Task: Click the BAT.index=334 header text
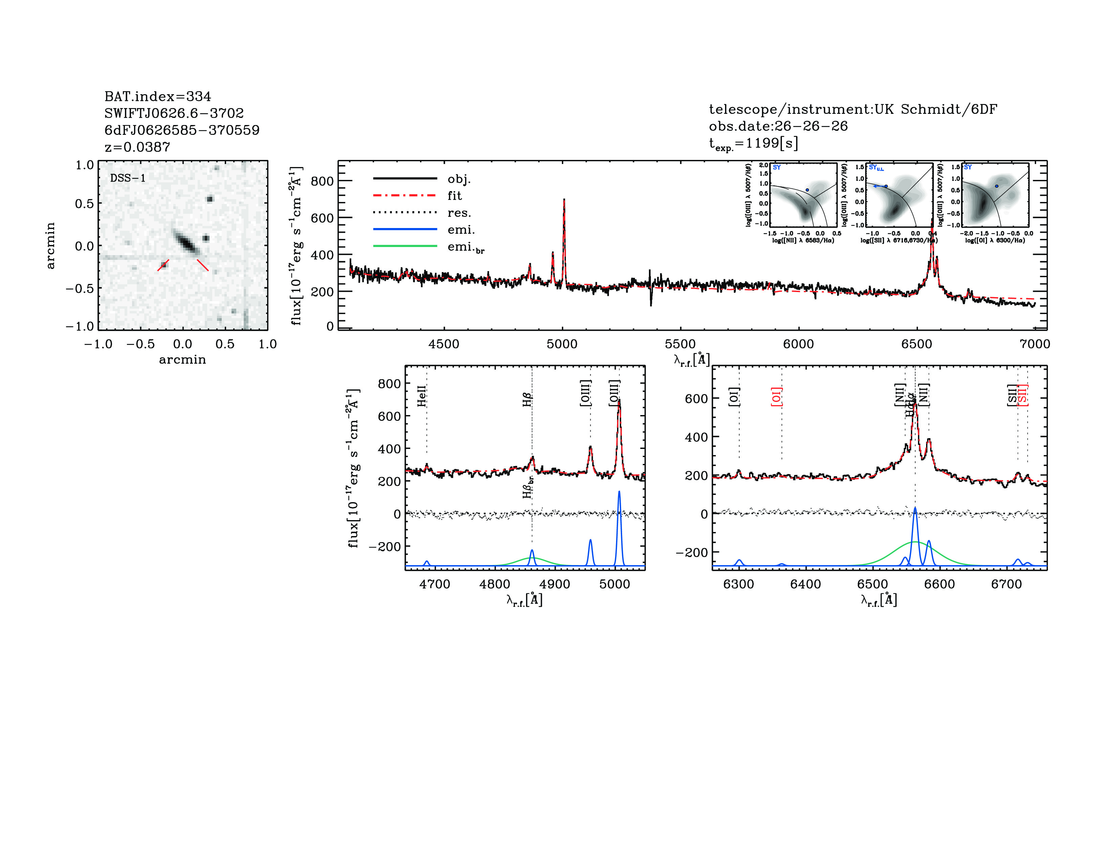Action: coord(157,96)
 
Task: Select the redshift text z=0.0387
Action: coord(137,147)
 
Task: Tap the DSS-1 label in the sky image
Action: coord(128,178)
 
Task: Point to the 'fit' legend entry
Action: coord(455,196)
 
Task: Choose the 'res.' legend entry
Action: coord(459,213)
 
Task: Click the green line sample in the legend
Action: coord(405,246)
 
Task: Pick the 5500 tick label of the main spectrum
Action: coord(680,344)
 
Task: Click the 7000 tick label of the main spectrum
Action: coord(1035,344)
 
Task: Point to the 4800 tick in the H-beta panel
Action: coord(495,584)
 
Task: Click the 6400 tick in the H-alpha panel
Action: coord(806,584)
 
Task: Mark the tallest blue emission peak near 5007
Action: coord(619,492)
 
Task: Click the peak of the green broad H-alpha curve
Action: coord(915,541)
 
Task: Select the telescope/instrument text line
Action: coord(853,109)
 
